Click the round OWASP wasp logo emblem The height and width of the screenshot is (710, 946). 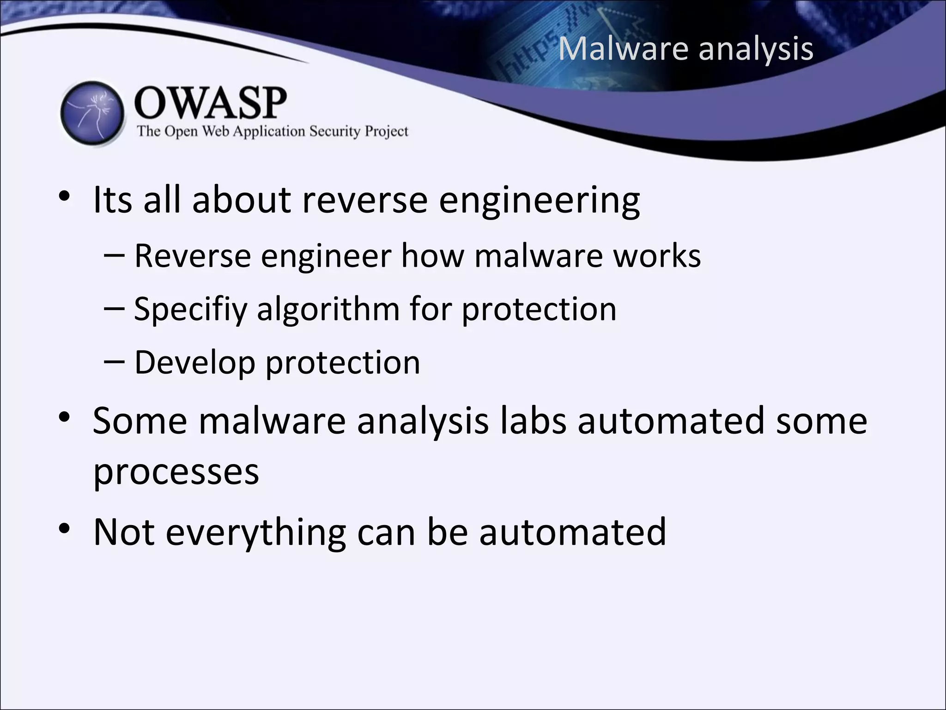point(92,114)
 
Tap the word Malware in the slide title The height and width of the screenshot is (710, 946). point(624,48)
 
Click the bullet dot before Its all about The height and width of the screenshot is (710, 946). point(64,196)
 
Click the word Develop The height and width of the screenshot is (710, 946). point(194,363)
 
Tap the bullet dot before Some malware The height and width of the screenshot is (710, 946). point(64,417)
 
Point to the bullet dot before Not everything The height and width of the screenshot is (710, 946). point(64,528)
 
